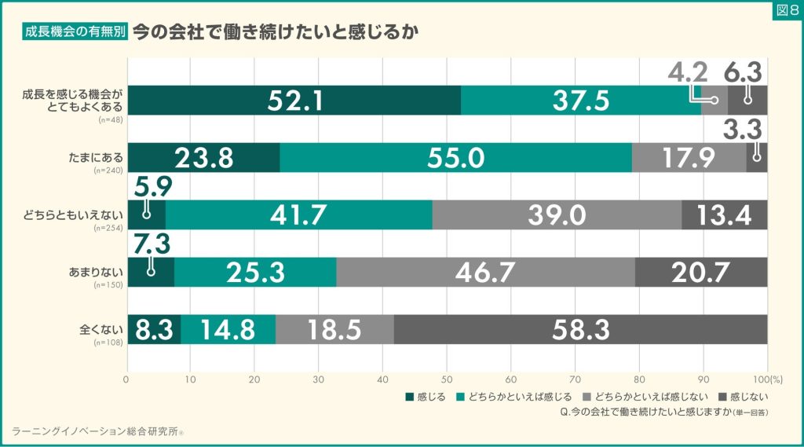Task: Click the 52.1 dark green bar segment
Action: tap(294, 101)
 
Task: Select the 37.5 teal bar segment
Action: tap(580, 101)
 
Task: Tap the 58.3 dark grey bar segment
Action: tap(580, 328)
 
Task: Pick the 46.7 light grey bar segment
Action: tap(485, 272)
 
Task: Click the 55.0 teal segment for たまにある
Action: tap(455, 157)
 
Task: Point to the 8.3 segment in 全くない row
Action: tap(154, 328)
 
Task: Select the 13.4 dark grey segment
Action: tap(724, 214)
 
